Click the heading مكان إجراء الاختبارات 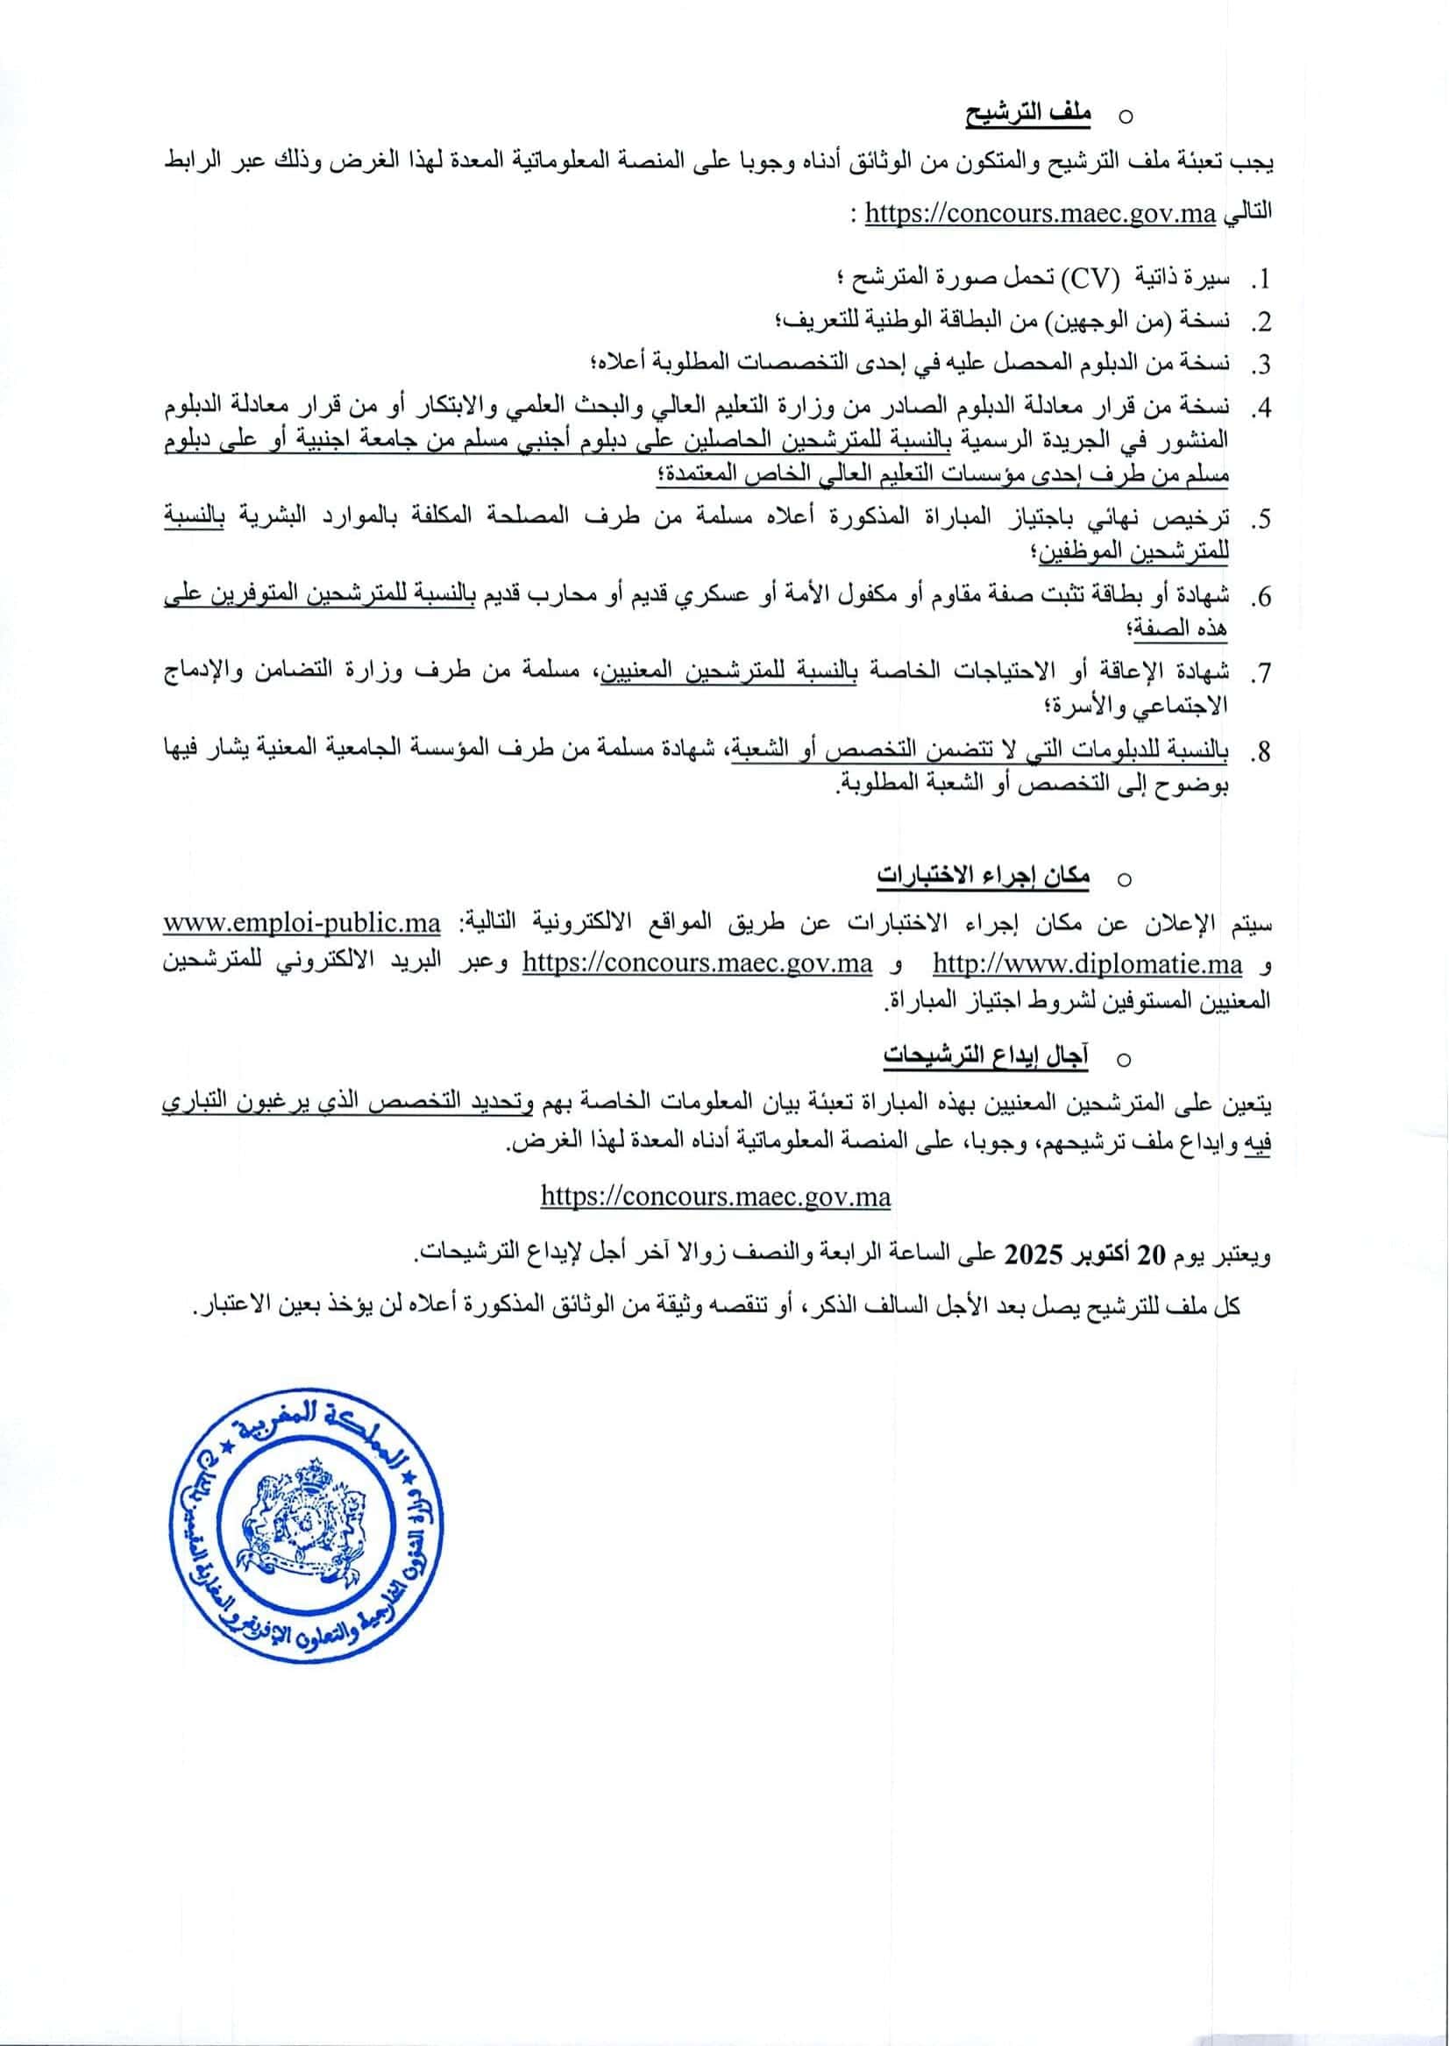983,877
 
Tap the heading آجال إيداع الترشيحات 986,1056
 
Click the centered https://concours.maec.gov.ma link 715,1197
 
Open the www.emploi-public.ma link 302,924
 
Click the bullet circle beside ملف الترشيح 1126,116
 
